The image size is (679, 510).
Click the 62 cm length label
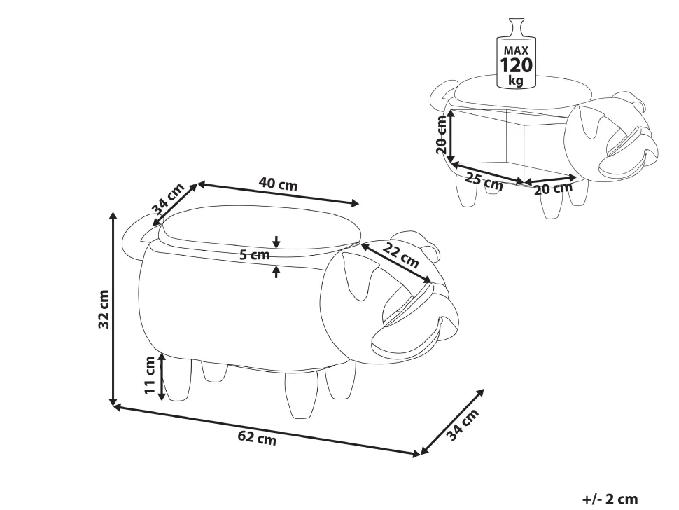tap(257, 439)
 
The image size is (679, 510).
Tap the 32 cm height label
tap(104, 309)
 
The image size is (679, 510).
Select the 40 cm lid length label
tap(278, 184)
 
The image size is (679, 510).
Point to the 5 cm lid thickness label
tap(255, 255)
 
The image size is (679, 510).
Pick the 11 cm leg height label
tap(150, 375)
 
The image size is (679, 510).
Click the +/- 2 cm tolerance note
tap(610, 499)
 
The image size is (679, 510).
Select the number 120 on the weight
tap(516, 65)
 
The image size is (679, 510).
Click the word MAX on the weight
tap(516, 50)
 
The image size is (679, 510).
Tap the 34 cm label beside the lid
tap(168, 199)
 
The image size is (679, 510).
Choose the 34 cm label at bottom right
tap(463, 425)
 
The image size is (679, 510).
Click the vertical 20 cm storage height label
tap(442, 135)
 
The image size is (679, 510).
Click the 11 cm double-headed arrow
tap(162, 376)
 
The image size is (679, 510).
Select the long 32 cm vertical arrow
tap(113, 309)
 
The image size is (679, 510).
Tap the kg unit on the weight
tap(515, 80)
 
